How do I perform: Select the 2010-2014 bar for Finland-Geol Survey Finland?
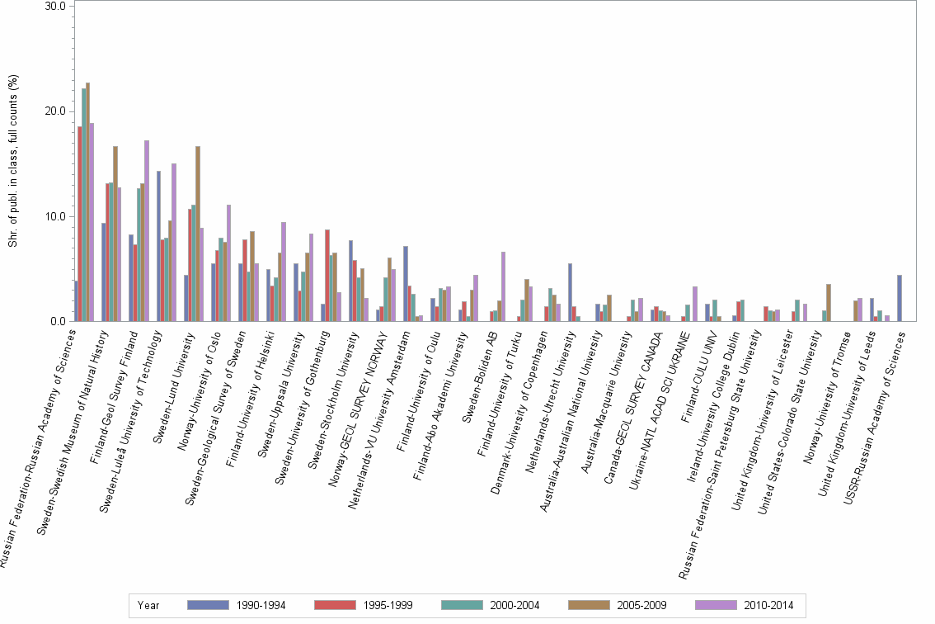(x=147, y=231)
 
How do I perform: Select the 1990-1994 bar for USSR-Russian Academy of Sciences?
(x=900, y=298)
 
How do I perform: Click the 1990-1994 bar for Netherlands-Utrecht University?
(x=570, y=292)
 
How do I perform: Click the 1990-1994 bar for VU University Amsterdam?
(x=406, y=284)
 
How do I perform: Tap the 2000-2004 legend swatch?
(x=465, y=605)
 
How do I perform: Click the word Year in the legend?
(x=148, y=605)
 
